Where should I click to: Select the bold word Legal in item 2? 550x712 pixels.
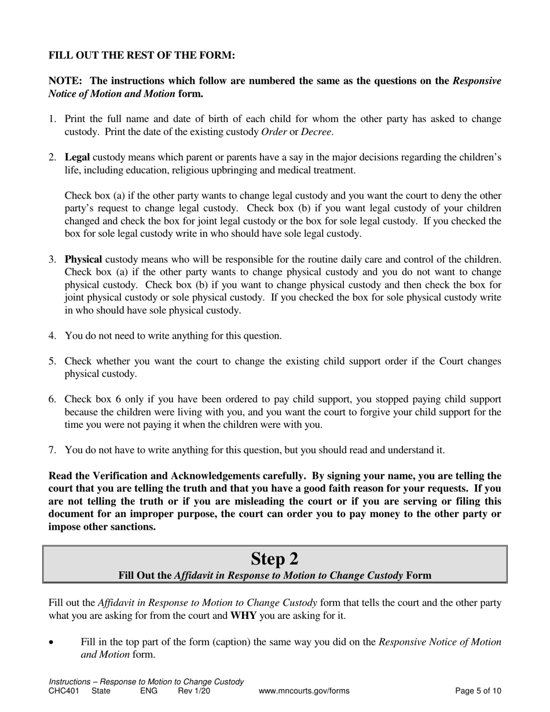[78, 157]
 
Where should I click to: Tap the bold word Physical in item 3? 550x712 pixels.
[83, 259]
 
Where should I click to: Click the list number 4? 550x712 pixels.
[52, 336]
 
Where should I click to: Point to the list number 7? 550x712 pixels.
[52, 450]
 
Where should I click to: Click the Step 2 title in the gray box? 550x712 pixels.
[274, 559]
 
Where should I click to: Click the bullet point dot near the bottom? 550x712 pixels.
[52, 643]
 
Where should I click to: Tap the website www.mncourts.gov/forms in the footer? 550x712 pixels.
[304, 691]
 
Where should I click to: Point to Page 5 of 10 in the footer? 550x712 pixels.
[478, 691]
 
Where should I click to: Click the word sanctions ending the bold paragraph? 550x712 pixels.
[133, 527]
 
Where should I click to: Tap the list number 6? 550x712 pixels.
[52, 399]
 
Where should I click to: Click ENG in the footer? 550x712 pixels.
[149, 691]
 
